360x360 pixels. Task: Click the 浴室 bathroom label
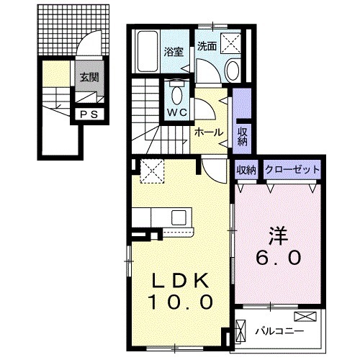(173, 52)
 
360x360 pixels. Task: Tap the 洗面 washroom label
(207, 45)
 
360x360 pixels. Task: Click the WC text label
(177, 113)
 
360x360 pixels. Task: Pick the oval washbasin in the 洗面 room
(233, 70)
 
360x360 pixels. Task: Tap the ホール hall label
(208, 132)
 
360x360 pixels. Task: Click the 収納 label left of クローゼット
(246, 170)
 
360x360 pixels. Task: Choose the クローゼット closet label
(292, 170)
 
